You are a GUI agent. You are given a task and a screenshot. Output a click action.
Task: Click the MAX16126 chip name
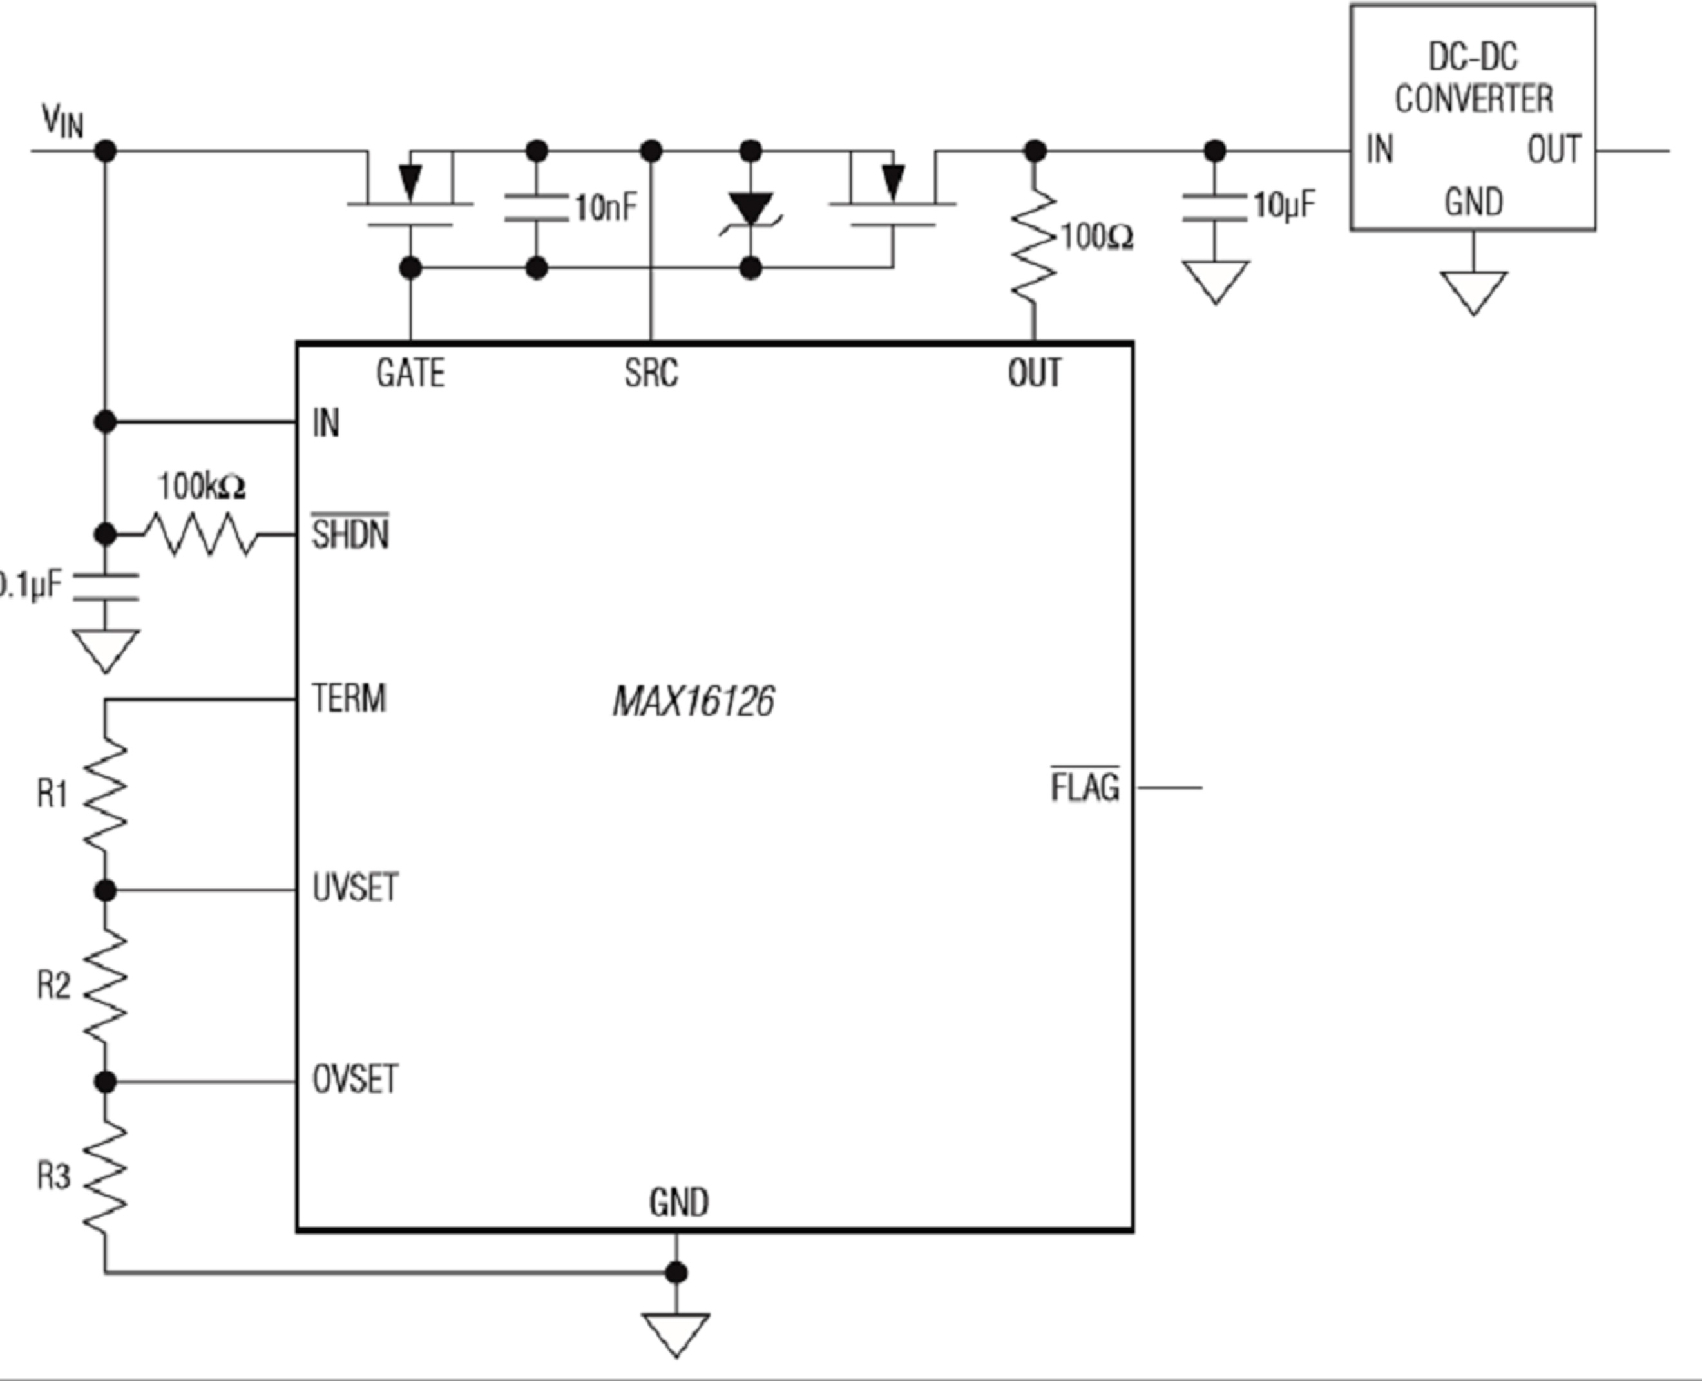pyautogui.click(x=693, y=701)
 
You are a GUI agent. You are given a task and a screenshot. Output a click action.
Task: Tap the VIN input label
pyautogui.click(x=62, y=122)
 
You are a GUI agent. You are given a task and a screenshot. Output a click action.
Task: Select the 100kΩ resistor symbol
pyautogui.click(x=201, y=534)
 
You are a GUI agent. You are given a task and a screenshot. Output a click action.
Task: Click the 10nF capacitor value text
pyautogui.click(x=606, y=207)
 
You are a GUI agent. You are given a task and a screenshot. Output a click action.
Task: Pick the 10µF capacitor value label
pyautogui.click(x=1285, y=205)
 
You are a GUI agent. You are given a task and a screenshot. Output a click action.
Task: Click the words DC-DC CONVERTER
pyautogui.click(x=1474, y=78)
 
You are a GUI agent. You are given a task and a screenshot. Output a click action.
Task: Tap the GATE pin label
pyautogui.click(x=410, y=373)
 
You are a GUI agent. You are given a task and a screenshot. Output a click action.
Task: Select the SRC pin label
pyautogui.click(x=652, y=373)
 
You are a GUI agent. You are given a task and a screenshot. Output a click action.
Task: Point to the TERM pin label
pyautogui.click(x=349, y=698)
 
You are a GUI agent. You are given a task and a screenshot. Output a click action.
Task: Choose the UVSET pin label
pyautogui.click(x=355, y=888)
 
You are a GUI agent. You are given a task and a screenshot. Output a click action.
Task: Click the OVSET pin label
pyautogui.click(x=355, y=1080)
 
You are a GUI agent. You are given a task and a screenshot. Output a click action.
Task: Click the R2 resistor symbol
pyautogui.click(x=105, y=986)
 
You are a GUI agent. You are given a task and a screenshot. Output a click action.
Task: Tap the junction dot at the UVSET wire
pyautogui.click(x=105, y=891)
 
